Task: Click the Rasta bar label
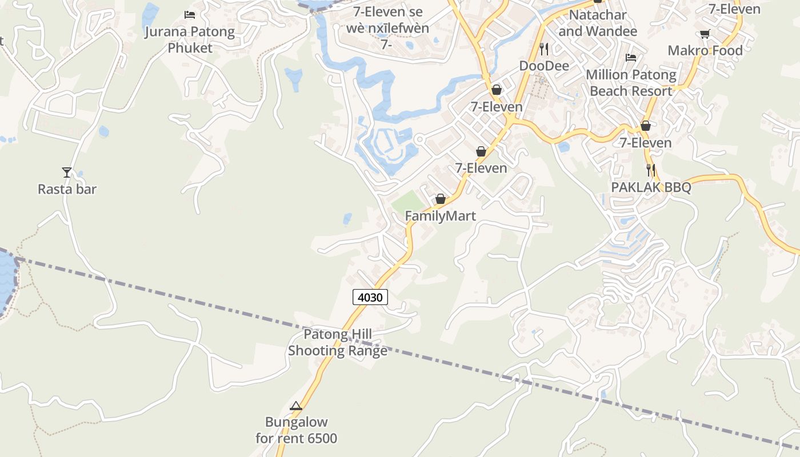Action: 67,189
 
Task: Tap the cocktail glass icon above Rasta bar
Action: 67,172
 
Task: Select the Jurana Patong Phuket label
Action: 190,39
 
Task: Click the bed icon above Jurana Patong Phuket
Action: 190,14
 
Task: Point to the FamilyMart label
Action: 440,216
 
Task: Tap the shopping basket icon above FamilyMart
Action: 441,199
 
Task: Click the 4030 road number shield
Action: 370,297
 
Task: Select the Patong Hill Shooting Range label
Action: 337,342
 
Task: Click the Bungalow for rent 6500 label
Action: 296,430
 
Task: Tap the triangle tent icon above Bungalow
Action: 296,406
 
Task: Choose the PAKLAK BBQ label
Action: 651,187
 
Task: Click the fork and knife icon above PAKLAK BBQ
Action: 651,170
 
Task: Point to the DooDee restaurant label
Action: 544,66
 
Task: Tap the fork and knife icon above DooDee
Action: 544,49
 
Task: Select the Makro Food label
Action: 705,50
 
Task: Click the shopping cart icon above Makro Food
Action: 705,34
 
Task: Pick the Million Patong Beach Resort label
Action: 631,83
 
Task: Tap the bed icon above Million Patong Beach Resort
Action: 631,57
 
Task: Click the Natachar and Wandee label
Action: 598,23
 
